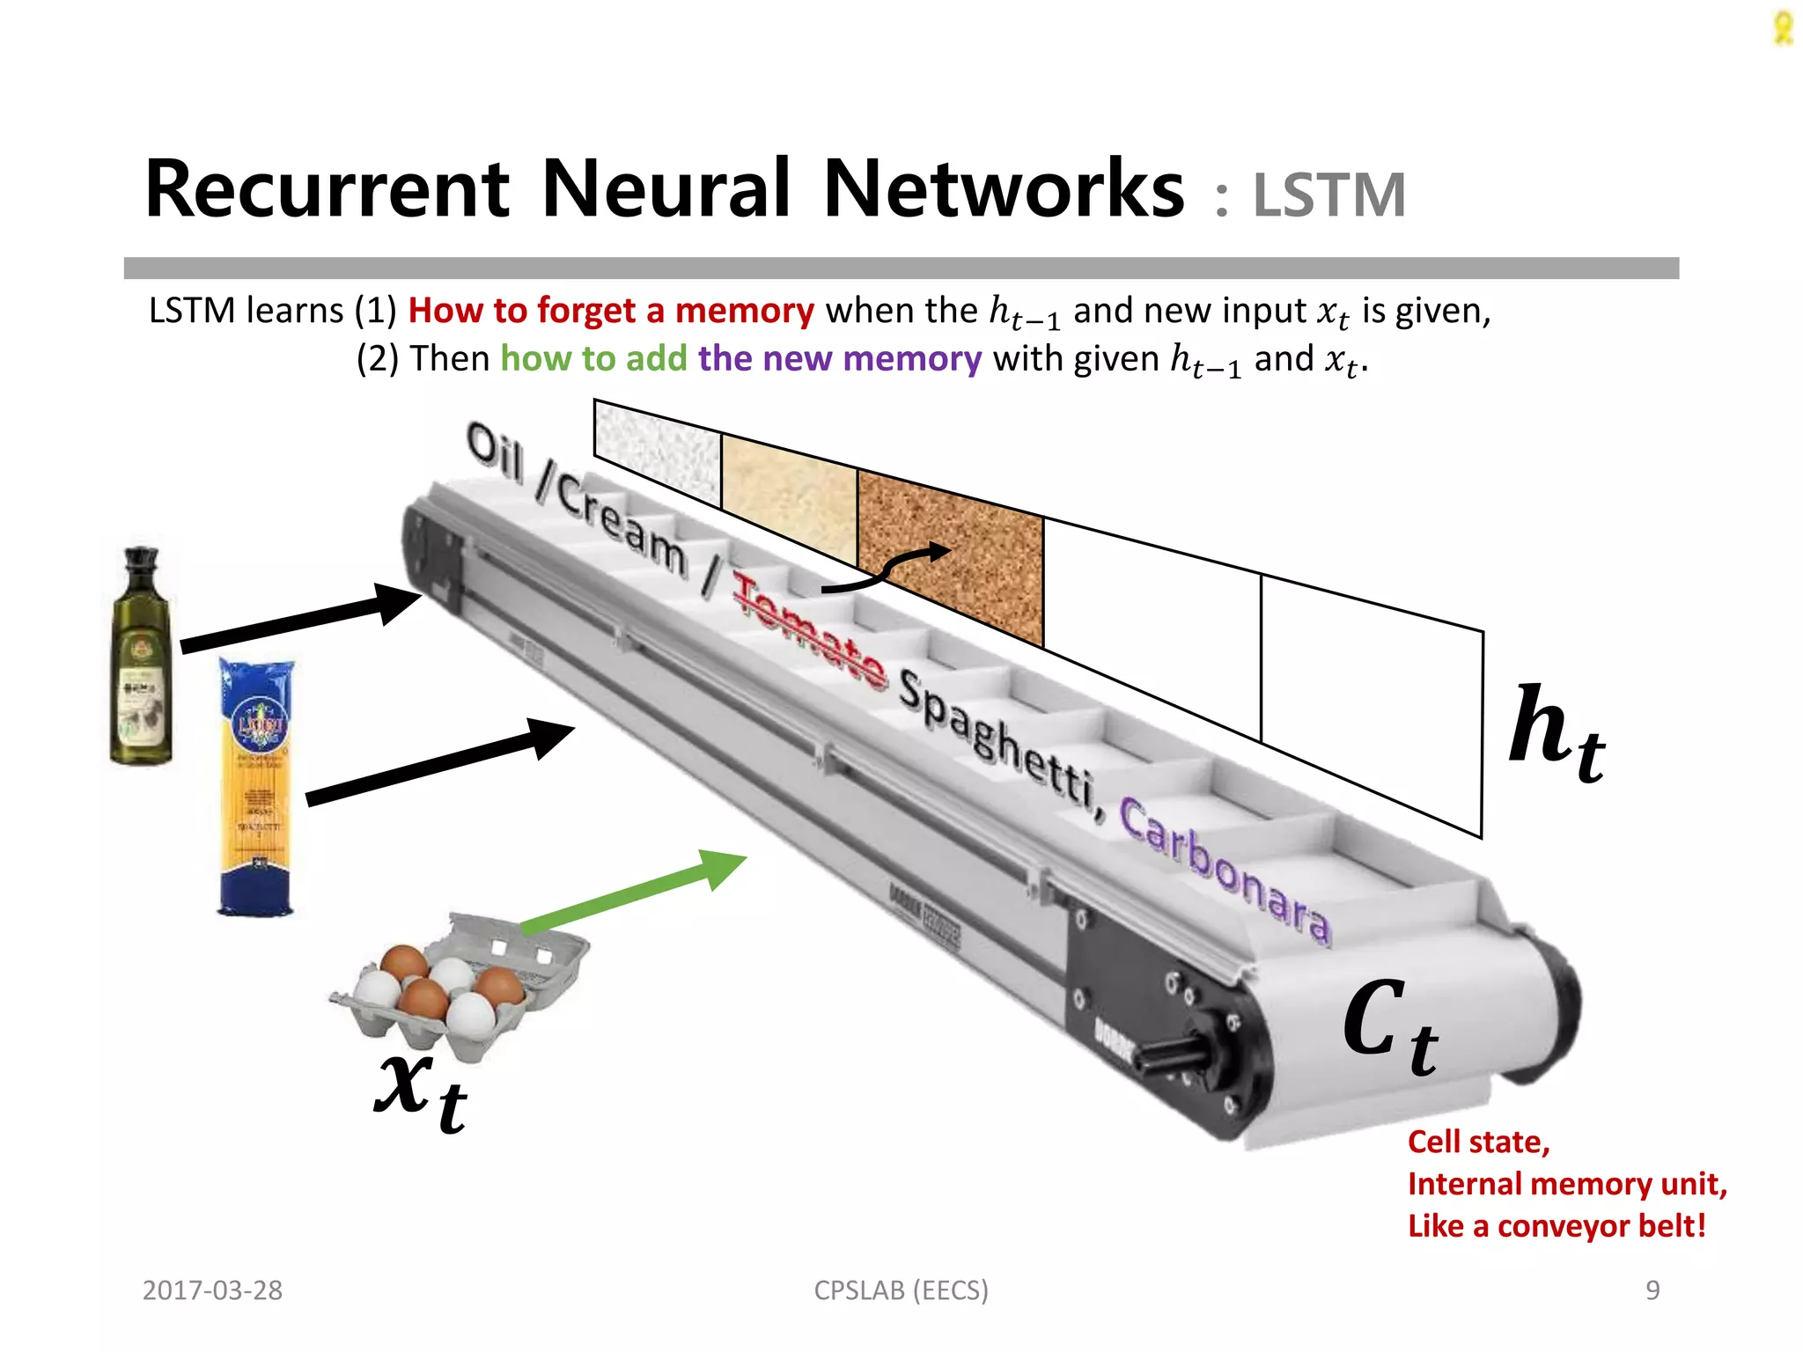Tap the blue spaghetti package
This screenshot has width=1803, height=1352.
[x=256, y=788]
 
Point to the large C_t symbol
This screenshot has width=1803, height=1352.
[x=1391, y=1025]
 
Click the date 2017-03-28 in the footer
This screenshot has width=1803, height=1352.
[x=212, y=1290]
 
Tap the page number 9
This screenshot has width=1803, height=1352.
[x=1652, y=1290]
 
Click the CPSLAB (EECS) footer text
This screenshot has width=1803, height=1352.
[x=901, y=1290]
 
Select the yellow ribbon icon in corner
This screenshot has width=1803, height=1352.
[x=1782, y=28]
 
